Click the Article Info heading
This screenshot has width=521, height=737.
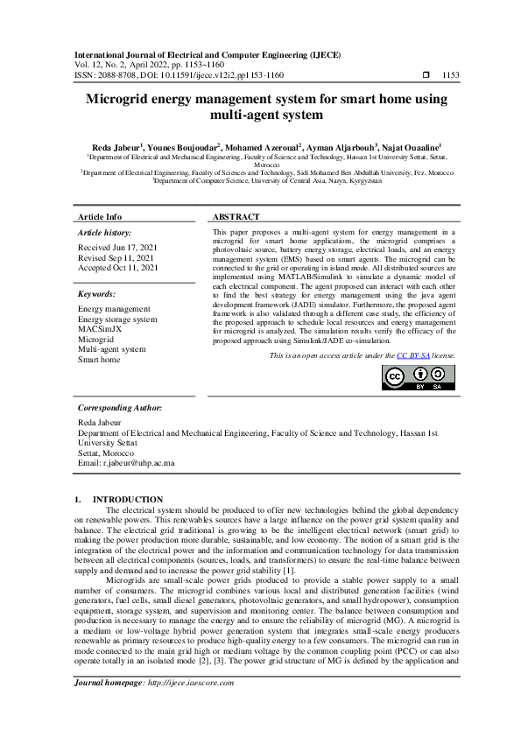[100, 216]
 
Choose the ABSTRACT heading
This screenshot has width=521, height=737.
[236, 216]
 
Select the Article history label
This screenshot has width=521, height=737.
[104, 233]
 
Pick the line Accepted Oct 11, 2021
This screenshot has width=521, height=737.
[118, 267]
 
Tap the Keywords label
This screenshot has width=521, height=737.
[96, 294]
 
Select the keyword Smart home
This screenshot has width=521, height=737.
[99, 359]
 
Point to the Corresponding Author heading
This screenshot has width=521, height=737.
[119, 408]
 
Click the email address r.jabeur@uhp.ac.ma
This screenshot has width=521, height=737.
[126, 462]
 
